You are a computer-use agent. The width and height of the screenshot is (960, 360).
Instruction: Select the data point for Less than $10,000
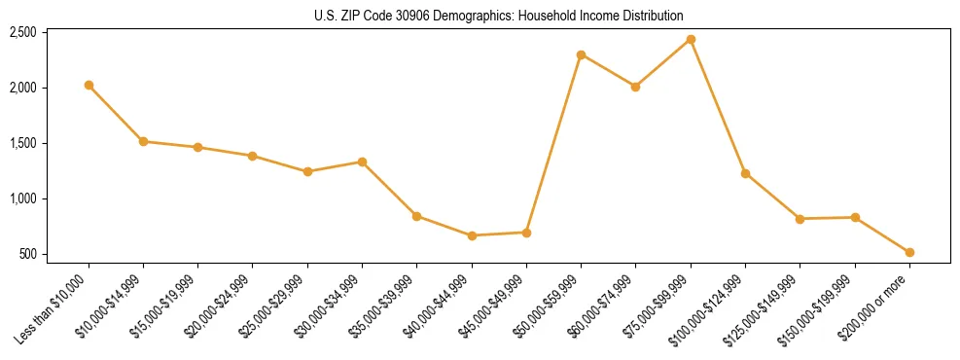89,85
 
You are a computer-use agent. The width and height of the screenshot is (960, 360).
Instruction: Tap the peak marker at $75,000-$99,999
691,39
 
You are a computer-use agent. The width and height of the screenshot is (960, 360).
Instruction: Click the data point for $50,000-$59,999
581,54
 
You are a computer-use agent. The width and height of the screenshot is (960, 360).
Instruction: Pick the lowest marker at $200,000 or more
909,252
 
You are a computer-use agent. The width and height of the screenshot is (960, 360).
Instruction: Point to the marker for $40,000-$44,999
472,235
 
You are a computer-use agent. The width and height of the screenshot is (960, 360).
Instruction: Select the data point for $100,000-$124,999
745,173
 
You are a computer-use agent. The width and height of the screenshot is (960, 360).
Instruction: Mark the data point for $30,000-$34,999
362,162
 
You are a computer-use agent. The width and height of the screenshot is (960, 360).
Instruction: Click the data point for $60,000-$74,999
635,87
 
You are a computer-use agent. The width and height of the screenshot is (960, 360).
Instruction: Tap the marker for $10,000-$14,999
143,141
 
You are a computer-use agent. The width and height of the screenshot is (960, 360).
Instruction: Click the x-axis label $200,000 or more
880,304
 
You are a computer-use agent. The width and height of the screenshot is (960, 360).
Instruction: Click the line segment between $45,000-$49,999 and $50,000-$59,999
553,144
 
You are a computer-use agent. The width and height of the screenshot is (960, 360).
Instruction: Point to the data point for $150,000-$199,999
855,217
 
